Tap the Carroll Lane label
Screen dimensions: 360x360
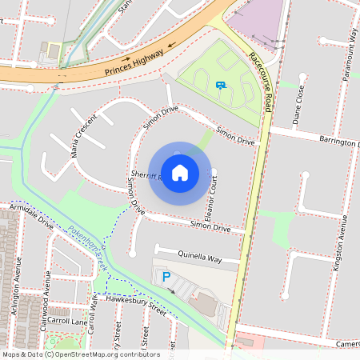67,321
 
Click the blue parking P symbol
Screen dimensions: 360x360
166,276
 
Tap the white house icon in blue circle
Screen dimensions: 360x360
180,172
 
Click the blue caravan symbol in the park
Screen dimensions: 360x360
220,83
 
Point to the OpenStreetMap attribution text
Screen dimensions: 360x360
81,354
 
